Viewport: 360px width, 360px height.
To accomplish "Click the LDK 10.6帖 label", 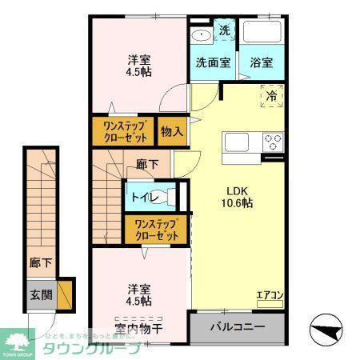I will (237, 197).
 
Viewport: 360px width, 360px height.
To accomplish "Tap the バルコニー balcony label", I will (237, 327).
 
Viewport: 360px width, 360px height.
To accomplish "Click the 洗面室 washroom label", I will (214, 62).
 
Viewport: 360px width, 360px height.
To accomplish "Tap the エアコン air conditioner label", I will (270, 294).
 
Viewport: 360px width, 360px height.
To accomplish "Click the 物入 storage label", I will (171, 130).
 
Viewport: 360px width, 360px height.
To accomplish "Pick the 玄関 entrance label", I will (42, 294).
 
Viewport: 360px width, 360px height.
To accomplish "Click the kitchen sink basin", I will (238, 142).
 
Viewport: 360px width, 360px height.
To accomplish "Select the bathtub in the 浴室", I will (263, 33).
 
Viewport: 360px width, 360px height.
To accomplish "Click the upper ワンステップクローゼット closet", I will (123, 130).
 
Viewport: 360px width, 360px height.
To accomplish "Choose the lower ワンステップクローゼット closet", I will (155, 230).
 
